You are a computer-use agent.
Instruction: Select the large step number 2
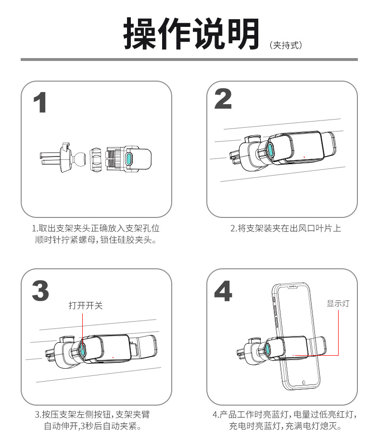point(223,99)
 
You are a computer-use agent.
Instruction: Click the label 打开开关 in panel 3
point(86,305)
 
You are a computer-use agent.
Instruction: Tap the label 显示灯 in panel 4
point(338,303)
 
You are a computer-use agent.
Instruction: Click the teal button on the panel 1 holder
point(129,159)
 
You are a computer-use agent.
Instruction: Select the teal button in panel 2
point(270,151)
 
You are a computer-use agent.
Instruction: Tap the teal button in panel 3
point(83,349)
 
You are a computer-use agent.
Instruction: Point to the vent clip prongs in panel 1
point(48,157)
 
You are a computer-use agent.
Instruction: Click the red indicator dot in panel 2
point(304,157)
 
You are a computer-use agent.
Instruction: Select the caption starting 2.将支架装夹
point(286,228)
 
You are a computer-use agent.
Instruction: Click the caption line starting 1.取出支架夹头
point(96,228)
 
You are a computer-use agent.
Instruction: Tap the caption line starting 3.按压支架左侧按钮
point(96,414)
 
